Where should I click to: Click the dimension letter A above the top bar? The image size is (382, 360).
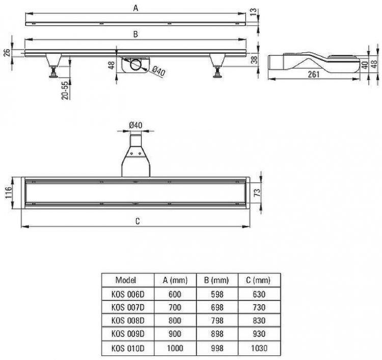point(135,8)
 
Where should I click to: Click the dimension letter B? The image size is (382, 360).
point(135,34)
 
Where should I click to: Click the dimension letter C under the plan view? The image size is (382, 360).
point(138,221)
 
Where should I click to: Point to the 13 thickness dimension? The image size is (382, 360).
point(254,11)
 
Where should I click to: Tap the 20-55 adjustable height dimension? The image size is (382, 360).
point(65,90)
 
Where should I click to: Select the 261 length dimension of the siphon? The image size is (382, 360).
point(314,74)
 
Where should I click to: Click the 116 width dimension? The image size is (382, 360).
point(9,192)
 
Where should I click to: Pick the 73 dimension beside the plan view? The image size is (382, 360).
point(257,192)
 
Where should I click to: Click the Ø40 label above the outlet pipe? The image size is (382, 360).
point(135,125)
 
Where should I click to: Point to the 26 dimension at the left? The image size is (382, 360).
point(7,52)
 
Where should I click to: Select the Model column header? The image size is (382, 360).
point(126,280)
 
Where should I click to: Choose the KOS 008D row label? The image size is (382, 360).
point(128,321)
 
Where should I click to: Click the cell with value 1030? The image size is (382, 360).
point(259,348)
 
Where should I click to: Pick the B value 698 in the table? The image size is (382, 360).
point(217,308)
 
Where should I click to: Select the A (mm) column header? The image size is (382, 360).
point(175,281)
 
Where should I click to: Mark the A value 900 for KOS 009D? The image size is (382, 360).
point(175,334)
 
